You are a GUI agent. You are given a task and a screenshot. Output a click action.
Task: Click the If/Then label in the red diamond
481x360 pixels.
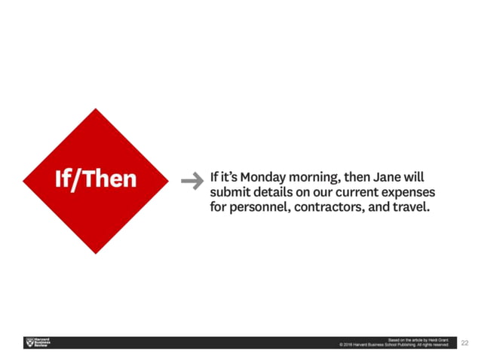96,179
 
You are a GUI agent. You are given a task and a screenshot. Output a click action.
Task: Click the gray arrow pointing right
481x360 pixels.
193,180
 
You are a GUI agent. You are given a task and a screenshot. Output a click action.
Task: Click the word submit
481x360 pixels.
232,194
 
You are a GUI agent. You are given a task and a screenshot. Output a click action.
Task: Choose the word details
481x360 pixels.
280,194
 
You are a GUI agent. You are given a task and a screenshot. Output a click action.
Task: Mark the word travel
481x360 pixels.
412,207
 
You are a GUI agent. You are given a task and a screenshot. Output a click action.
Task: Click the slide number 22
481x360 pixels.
465,343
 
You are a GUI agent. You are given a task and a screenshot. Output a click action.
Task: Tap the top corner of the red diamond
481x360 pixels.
96,109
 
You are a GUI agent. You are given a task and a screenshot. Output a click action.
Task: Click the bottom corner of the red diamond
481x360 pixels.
96,252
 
